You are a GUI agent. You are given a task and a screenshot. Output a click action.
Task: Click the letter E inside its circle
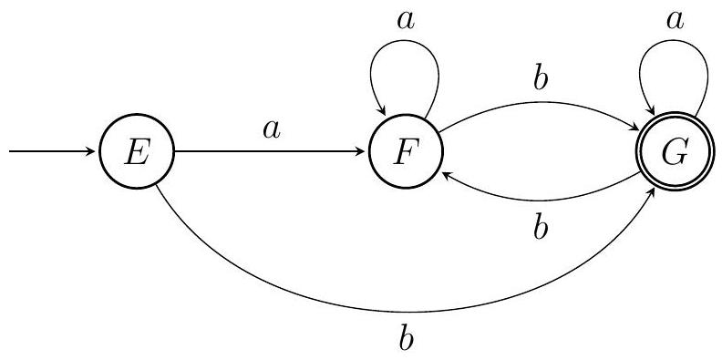pyautogui.click(x=138, y=153)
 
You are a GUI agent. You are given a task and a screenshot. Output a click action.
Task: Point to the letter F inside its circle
pyautogui.click(x=405, y=153)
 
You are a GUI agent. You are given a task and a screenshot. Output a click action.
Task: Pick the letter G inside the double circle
pyautogui.click(x=675, y=153)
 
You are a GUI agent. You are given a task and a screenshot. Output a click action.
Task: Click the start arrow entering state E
pyautogui.click(x=52, y=151)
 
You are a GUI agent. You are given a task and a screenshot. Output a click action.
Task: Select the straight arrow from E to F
pyautogui.click(x=270, y=151)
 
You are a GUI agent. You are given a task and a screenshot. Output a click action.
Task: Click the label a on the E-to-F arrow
pyautogui.click(x=272, y=130)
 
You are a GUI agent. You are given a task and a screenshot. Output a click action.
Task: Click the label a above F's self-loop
pyautogui.click(x=405, y=21)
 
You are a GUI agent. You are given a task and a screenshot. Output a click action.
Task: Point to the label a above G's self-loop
pyautogui.click(x=675, y=21)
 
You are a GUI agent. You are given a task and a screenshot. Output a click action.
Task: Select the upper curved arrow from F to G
pyautogui.click(x=539, y=102)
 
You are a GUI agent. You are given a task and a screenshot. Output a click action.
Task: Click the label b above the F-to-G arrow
pyautogui.click(x=541, y=80)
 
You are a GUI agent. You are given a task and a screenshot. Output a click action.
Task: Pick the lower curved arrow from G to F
pyautogui.click(x=541, y=201)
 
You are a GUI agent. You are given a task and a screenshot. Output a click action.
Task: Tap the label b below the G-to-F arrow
pyautogui.click(x=541, y=229)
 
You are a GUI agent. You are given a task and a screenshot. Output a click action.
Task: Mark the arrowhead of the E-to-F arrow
pyautogui.click(x=361, y=151)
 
